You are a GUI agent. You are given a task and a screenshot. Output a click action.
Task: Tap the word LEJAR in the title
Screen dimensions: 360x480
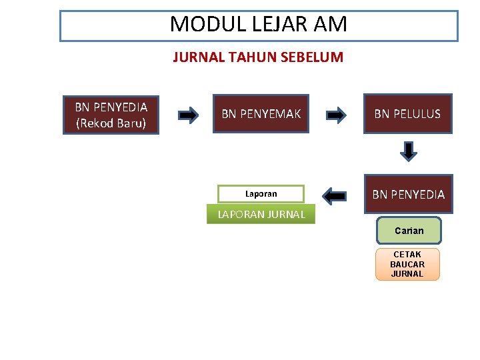pyautogui.click(x=268, y=25)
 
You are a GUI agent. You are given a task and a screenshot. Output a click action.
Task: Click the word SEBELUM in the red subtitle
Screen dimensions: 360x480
pyautogui.click(x=313, y=57)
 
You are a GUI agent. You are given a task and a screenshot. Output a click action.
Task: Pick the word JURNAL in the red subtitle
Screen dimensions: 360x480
pyautogui.click(x=198, y=57)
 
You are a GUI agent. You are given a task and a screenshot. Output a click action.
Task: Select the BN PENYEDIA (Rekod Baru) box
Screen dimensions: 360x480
pyautogui.click(x=111, y=115)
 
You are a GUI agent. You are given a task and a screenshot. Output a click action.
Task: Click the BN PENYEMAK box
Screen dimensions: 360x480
pyautogui.click(x=261, y=114)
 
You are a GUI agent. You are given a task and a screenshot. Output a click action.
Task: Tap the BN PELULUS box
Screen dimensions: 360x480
pyautogui.click(x=407, y=114)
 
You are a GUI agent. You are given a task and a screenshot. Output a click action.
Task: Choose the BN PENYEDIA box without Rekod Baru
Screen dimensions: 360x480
pyautogui.click(x=408, y=194)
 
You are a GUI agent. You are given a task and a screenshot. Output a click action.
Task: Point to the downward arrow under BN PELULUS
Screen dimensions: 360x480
pyautogui.click(x=408, y=151)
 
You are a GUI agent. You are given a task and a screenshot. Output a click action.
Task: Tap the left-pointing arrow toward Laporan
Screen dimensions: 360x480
pyautogui.click(x=334, y=195)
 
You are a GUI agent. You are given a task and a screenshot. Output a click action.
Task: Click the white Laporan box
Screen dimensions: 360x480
pyautogui.click(x=261, y=194)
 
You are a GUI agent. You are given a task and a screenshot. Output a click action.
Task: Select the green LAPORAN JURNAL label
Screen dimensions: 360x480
pyautogui.click(x=261, y=214)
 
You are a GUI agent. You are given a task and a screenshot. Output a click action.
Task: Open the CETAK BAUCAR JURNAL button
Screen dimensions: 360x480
pyautogui.click(x=407, y=264)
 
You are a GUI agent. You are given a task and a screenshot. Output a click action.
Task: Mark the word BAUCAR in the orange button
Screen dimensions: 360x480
pyautogui.click(x=407, y=265)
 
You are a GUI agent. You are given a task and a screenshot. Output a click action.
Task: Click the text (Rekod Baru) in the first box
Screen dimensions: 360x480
pyautogui.click(x=111, y=123)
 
